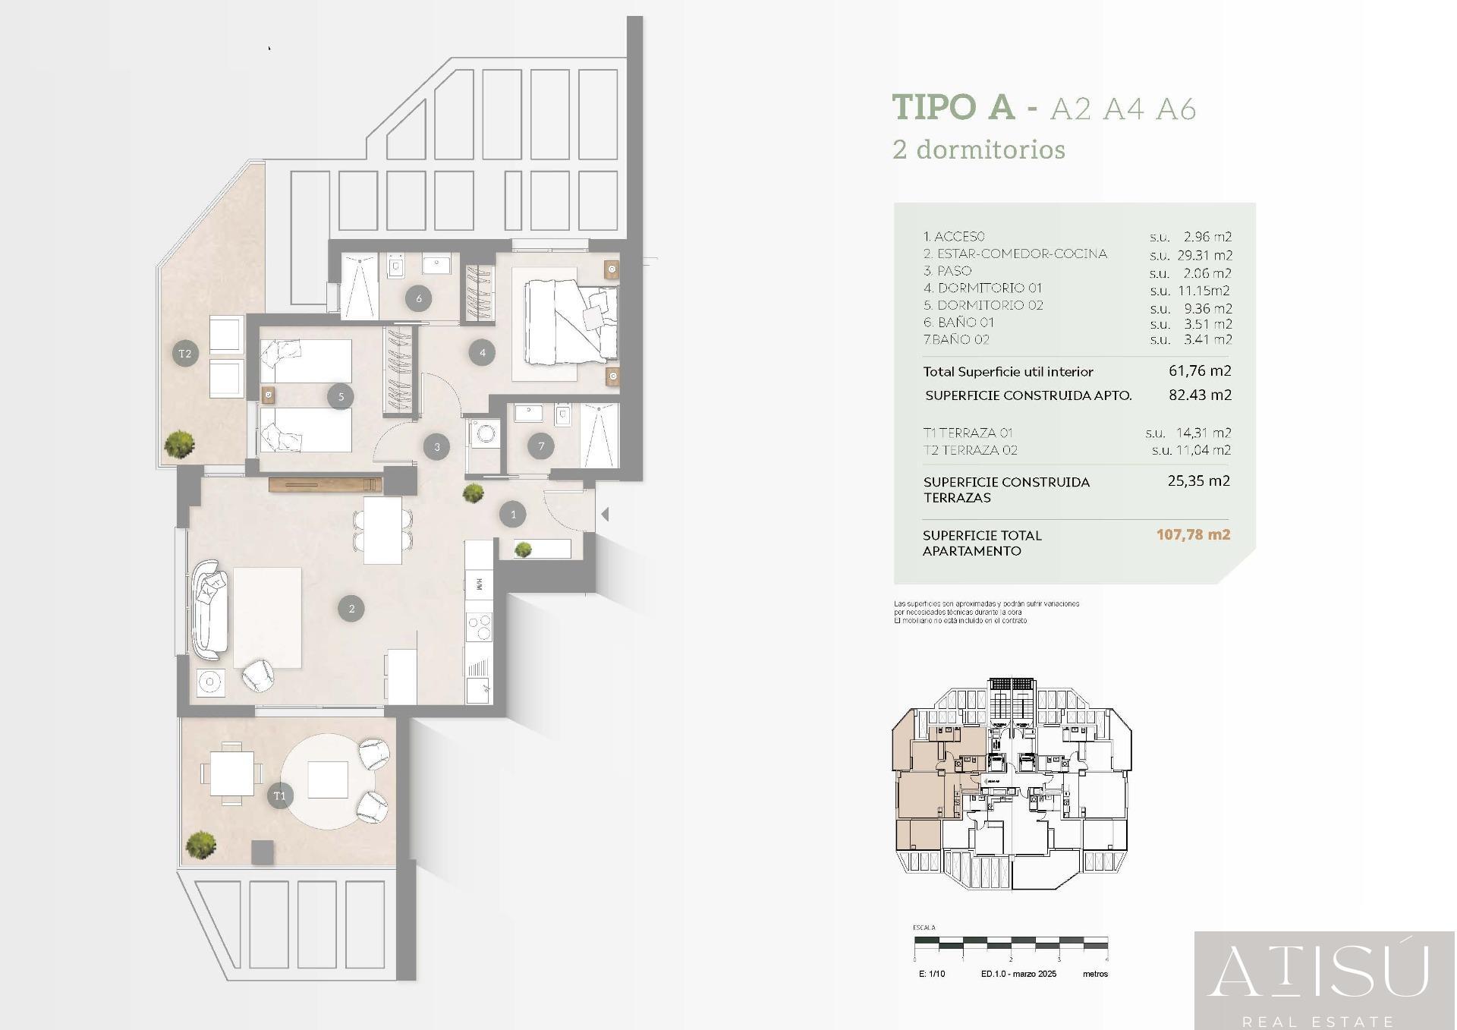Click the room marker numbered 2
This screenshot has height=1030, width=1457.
pos(351,609)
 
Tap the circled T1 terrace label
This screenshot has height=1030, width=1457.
pos(280,795)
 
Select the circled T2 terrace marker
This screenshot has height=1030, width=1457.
pos(185,354)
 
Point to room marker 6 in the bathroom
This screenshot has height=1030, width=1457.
pos(419,298)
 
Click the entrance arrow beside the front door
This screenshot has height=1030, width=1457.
pos(605,515)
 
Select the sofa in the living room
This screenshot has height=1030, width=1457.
pos(209,609)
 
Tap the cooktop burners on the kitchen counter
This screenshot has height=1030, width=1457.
pos(480,627)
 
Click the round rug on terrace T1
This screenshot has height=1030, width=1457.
pos(329,781)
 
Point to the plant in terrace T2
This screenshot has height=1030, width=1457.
pos(180,445)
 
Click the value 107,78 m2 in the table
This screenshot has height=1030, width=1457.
pos(1193,534)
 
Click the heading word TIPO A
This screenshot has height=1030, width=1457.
pos(953,107)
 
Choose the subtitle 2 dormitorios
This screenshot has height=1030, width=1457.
pos(979,150)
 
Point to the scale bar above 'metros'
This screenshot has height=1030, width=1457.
pos(1010,945)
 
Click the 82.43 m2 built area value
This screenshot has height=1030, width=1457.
pos(1200,395)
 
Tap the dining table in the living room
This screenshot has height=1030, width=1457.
pos(383,530)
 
